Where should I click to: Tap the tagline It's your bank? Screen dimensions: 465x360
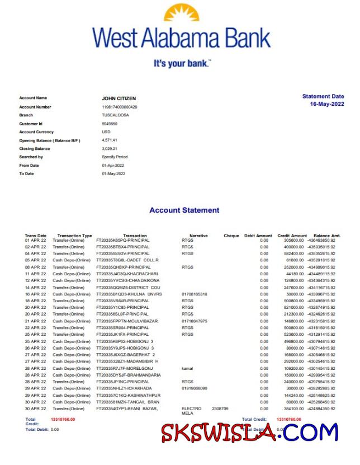(182, 63)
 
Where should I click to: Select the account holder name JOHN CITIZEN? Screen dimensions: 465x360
(119, 98)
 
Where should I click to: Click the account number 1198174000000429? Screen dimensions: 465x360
(119, 106)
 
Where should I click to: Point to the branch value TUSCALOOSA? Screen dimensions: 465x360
(115, 115)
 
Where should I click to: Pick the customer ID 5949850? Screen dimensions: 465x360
(110, 123)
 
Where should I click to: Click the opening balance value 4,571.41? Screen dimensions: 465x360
(110, 140)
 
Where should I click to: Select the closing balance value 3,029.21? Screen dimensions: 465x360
(110, 148)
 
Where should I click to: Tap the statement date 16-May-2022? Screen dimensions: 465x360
(327, 105)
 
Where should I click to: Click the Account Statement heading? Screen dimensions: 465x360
(184, 210)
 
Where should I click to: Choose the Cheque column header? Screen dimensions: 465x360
(231, 236)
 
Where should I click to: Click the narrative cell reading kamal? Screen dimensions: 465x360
(187, 369)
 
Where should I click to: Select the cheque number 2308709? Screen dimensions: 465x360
(220, 409)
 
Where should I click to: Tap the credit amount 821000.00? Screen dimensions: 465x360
(294, 308)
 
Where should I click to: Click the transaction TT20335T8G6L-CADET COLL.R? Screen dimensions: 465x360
(127, 260)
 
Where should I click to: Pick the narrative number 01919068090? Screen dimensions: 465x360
(195, 388)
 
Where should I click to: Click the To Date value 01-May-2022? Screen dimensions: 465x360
(113, 173)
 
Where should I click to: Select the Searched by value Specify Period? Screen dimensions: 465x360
(115, 157)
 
